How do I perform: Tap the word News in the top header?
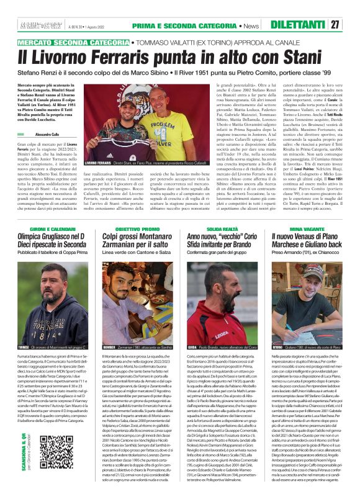[x=252, y=24]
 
